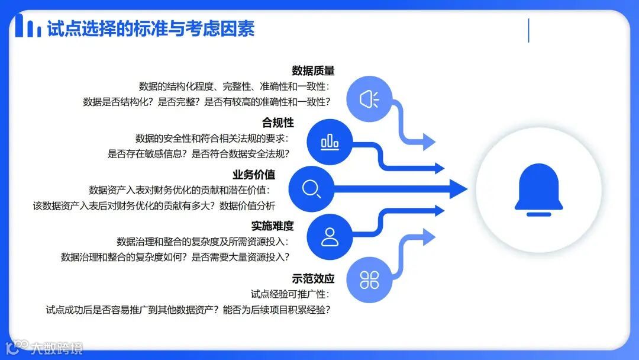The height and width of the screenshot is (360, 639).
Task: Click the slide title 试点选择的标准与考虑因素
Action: coord(151,28)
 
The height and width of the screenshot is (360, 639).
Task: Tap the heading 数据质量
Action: coord(313,71)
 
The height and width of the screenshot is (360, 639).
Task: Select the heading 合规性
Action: coord(277,123)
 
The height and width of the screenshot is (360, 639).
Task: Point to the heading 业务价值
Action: coord(254,175)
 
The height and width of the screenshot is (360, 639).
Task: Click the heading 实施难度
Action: coord(272,226)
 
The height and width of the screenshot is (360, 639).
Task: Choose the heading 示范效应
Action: coord(313,278)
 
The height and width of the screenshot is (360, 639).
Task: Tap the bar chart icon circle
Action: coord(330,142)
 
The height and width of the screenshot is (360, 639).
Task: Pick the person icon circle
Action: coord(330,237)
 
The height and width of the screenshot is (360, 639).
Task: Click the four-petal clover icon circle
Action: coord(369,280)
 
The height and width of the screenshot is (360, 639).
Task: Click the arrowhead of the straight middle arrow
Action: coord(458,189)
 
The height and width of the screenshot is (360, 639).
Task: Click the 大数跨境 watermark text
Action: coord(57,348)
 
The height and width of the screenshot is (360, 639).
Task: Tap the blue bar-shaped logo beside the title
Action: coord(28,27)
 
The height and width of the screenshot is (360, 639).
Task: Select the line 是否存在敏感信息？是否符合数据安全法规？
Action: coord(198,154)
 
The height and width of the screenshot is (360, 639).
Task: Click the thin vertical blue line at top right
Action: coord(528,30)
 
